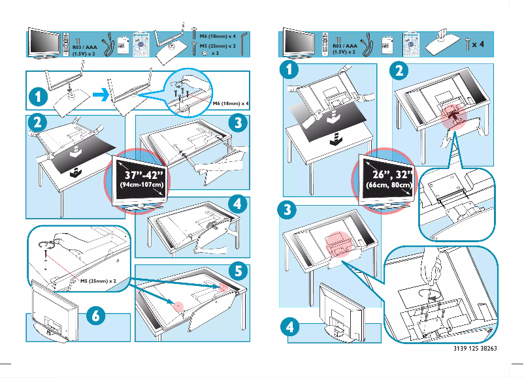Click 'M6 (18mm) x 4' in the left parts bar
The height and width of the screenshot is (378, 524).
click(218, 37)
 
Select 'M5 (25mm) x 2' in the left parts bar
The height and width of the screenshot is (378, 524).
click(218, 46)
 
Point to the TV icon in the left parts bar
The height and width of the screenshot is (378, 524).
click(46, 44)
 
